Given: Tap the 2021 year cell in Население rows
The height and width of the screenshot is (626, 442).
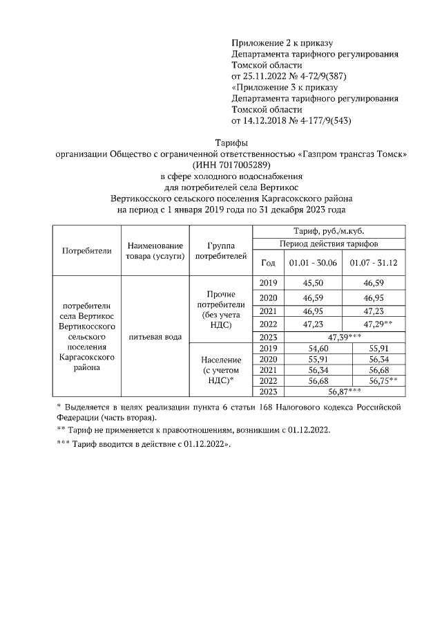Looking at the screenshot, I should point(268,369).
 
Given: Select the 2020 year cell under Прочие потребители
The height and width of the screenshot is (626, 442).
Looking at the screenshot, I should point(268,297).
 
